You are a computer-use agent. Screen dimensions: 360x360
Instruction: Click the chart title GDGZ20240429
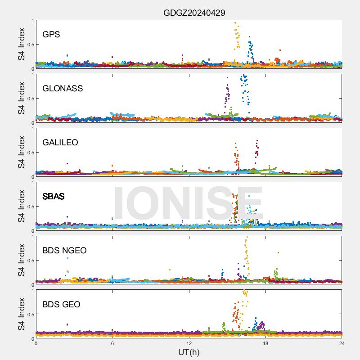tap(194, 13)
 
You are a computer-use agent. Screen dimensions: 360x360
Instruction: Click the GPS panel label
tap(51, 35)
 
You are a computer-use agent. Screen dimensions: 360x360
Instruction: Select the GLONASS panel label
tap(63, 89)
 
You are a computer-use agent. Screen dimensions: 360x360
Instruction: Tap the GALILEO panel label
tap(60, 143)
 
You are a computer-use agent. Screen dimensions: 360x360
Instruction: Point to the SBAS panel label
tap(53, 197)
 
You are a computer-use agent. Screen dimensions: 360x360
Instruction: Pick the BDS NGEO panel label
tap(64, 251)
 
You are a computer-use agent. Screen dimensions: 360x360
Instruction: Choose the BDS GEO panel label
tap(61, 305)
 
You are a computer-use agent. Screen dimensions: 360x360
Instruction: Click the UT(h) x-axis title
tap(189, 352)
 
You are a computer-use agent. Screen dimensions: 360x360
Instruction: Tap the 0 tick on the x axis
tap(36, 343)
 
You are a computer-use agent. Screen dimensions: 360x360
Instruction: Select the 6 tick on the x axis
tap(112, 343)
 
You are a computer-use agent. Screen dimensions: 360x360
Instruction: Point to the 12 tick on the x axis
tap(189, 343)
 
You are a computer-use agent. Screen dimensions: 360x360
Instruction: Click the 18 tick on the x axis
tap(265, 343)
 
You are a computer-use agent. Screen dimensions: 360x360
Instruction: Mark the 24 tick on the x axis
tap(342, 343)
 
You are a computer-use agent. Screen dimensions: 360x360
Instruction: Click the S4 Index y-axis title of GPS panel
tap(21, 44)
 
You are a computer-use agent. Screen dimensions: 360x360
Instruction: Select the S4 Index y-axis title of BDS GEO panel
tap(21, 314)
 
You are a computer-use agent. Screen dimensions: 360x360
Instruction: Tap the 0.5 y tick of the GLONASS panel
tap(29, 99)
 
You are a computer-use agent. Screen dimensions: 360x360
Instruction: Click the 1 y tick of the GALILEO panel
tap(32, 128)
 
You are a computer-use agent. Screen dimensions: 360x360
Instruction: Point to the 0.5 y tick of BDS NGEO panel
tap(29, 261)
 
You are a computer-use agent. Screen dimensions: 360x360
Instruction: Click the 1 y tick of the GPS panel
tap(32, 20)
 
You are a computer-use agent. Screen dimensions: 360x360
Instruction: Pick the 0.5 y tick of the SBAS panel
tap(29, 207)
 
